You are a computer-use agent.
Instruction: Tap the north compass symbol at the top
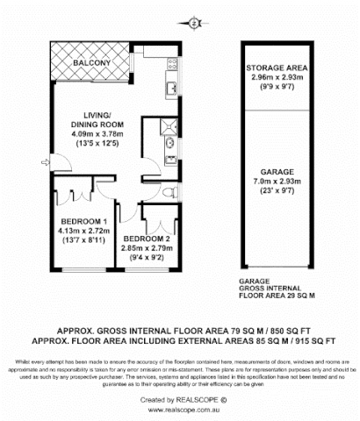click(192, 24)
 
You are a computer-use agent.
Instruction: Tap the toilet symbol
click(172, 189)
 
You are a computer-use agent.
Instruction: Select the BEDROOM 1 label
click(83, 220)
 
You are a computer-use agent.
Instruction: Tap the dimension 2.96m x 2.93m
click(275, 76)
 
